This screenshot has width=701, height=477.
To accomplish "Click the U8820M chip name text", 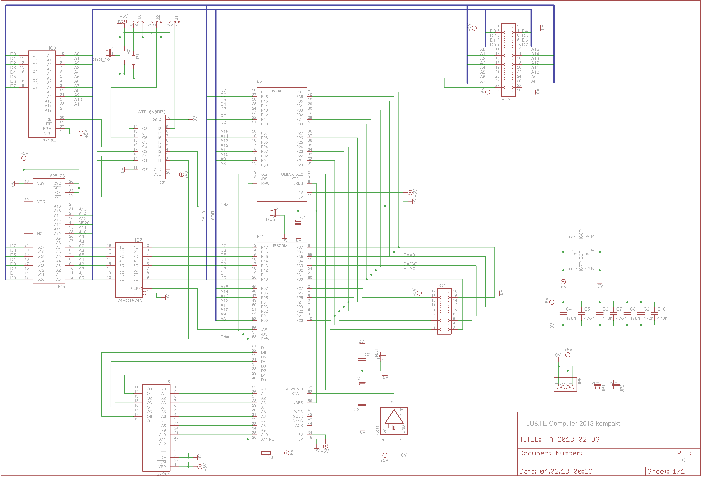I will click(x=279, y=246).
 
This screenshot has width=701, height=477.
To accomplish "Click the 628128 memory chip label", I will click(x=57, y=176).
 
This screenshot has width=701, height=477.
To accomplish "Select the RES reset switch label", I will click(x=270, y=219).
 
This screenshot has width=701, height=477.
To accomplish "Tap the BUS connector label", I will click(x=506, y=100).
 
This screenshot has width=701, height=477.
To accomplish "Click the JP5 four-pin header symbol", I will click(x=565, y=385).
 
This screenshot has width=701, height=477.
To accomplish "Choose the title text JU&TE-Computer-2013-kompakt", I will click(x=573, y=423).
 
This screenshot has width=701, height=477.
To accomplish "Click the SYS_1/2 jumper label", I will click(x=102, y=59).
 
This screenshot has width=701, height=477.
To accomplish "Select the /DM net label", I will click(x=224, y=205).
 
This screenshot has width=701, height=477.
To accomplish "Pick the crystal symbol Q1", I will click(x=362, y=384).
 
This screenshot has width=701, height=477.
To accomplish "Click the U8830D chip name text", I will click(x=276, y=91).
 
